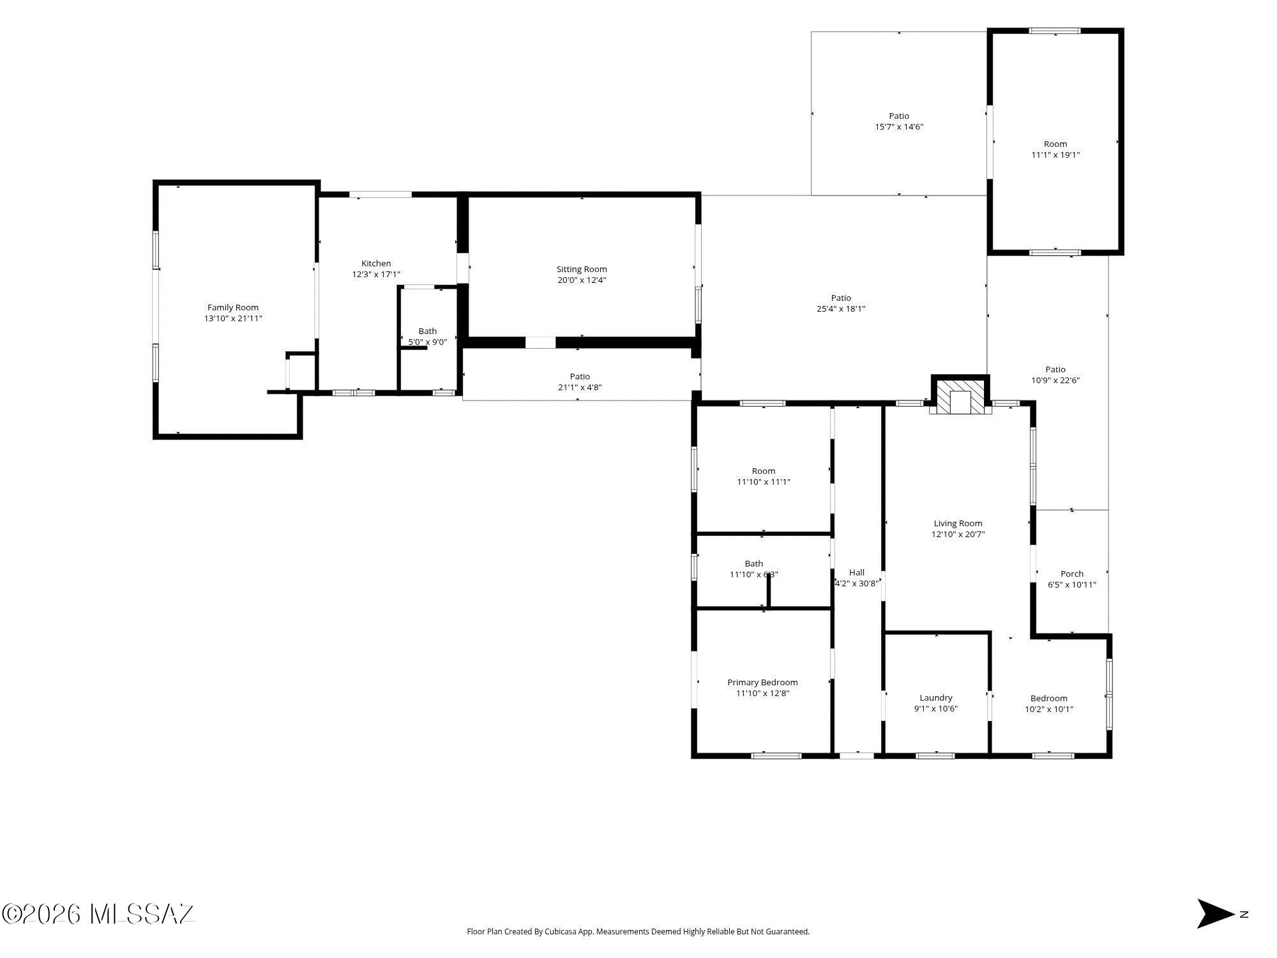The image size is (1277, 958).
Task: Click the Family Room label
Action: [233, 308]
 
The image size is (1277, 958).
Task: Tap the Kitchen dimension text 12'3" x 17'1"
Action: [376, 275]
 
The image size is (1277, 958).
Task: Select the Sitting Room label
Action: [582, 270]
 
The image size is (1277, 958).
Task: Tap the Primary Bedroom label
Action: [762, 683]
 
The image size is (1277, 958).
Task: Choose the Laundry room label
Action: [936, 698]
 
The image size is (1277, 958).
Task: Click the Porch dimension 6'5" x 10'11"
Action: [1072, 584]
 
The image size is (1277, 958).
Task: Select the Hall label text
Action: [857, 572]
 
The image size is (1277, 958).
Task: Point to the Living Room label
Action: [958, 524]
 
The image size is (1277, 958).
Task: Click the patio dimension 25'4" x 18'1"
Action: [841, 309]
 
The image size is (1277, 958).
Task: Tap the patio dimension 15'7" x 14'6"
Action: [899, 127]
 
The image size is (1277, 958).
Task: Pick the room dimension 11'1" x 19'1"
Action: [1055, 155]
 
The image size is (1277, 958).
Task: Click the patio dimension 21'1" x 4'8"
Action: [580, 388]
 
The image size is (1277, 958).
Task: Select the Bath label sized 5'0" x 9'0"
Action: [428, 331]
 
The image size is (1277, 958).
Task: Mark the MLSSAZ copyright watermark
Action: [98, 914]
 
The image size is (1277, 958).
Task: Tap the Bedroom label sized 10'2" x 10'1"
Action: [1049, 699]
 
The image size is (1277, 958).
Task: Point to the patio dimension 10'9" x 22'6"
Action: [1055, 381]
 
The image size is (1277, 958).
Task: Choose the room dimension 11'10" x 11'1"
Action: [764, 482]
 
